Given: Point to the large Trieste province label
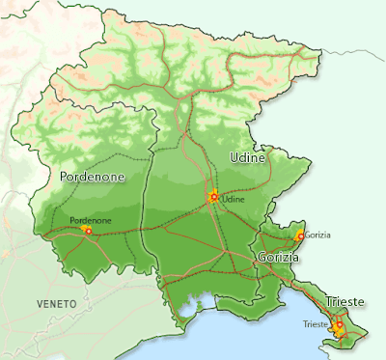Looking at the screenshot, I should coord(345,302).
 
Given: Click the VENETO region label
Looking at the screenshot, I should coord(56,304).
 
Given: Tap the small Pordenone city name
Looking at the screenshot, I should coord(91,220).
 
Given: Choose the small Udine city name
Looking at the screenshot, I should coord(234,199).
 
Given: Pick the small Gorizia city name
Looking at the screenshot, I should coord(317,235).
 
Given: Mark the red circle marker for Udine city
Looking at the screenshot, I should coord(213,198).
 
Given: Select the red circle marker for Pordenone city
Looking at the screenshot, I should coord(88,232).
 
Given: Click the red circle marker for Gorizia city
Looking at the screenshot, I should coord(300,235).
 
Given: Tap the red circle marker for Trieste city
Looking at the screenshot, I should coord(339,326).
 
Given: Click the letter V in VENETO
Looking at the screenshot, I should coord(40,304).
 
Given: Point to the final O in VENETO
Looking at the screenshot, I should coord(73,304).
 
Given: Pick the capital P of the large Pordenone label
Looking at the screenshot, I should coord(64,178).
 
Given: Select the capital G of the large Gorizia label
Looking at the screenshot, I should coord(262,258).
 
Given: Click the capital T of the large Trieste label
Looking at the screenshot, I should coord(329,302).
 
